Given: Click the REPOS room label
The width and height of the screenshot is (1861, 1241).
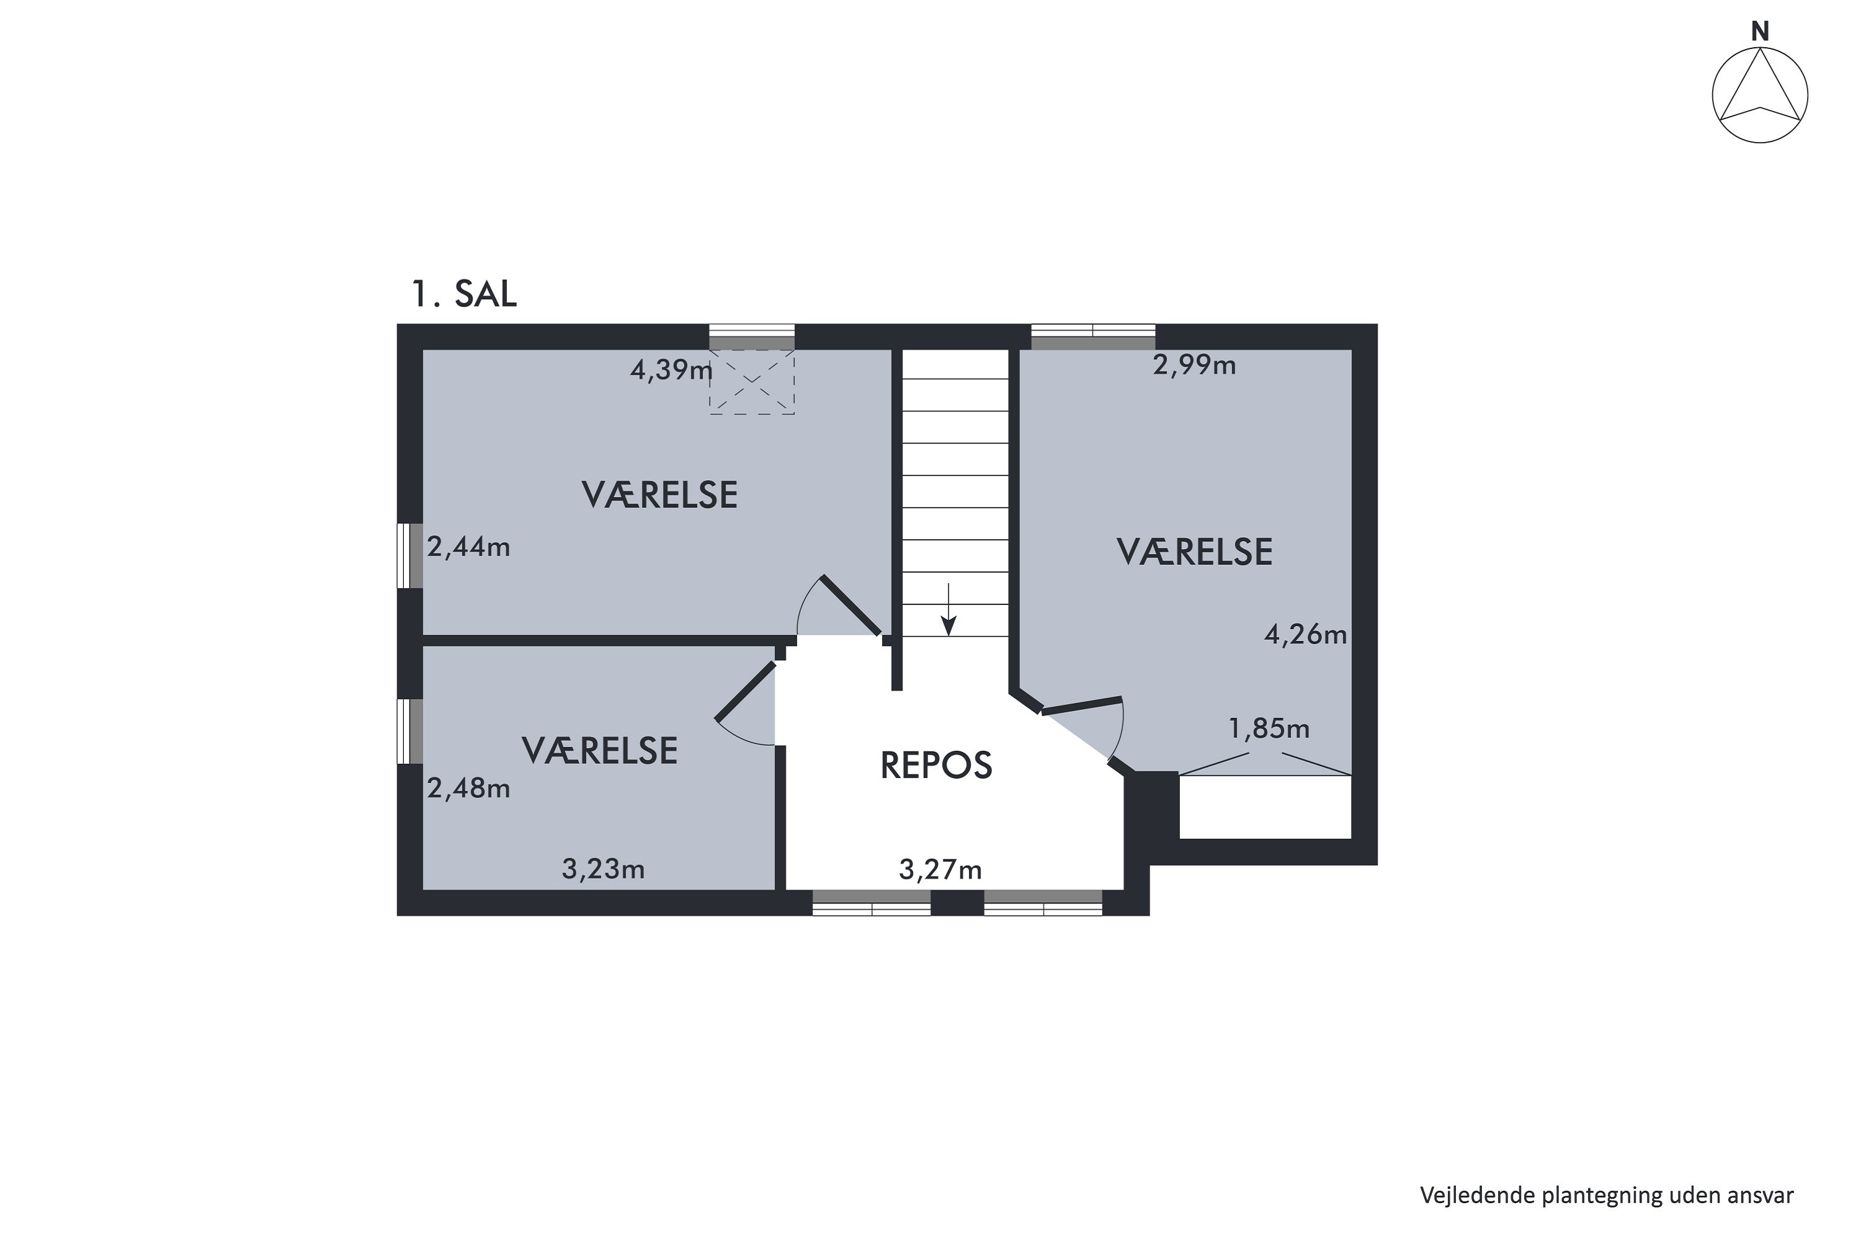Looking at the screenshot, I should pos(936,765).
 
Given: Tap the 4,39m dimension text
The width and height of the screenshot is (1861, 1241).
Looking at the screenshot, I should pos(671,370).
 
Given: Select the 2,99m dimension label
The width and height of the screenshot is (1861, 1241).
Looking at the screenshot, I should pos(1194,365).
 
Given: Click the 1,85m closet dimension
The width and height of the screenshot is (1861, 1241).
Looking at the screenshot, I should pos(1269,728).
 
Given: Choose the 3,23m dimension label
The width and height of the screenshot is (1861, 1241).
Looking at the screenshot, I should pos(603,870).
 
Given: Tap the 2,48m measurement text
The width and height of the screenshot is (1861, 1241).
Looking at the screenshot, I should pos(468,788).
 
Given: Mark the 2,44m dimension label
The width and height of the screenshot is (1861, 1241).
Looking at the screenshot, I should pos(468,547).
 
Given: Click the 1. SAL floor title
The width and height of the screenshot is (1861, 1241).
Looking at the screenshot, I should pos(463,293).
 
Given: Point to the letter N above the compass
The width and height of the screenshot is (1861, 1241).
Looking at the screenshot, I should pos(1760,32).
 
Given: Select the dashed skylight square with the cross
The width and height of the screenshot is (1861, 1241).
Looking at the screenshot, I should pos(752,383).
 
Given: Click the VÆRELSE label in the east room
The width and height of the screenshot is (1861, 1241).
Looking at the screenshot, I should pos(1194,552).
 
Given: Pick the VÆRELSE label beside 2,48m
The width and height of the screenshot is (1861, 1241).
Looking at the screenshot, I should pos(600,750).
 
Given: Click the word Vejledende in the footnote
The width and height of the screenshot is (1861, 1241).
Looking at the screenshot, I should pos(1477,1195).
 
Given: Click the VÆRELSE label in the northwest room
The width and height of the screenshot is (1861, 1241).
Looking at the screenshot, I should pos(660,495).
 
